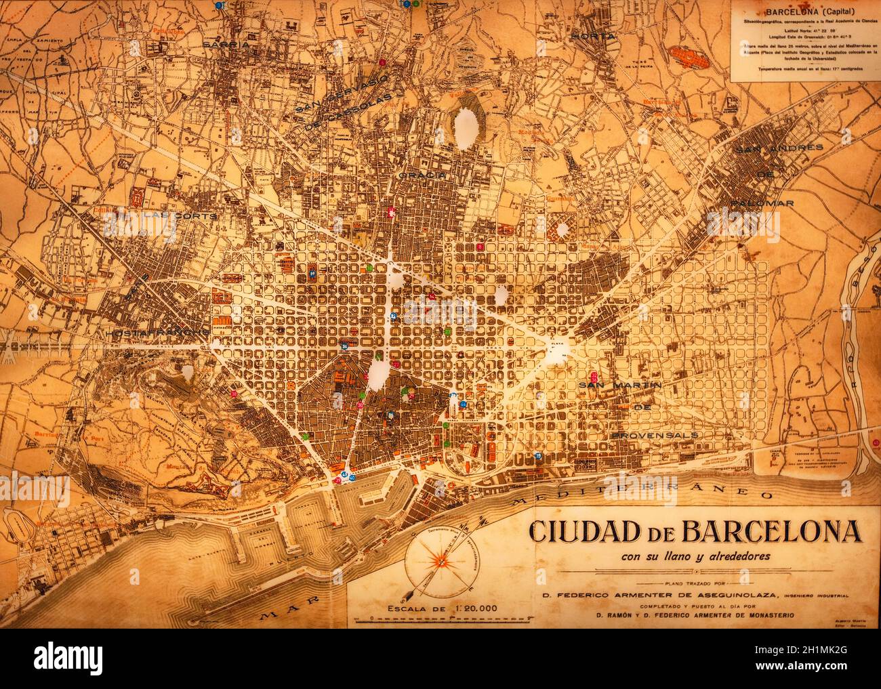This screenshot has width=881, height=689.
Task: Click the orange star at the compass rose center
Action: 439,560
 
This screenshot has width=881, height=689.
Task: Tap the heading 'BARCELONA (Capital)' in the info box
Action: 799,12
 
